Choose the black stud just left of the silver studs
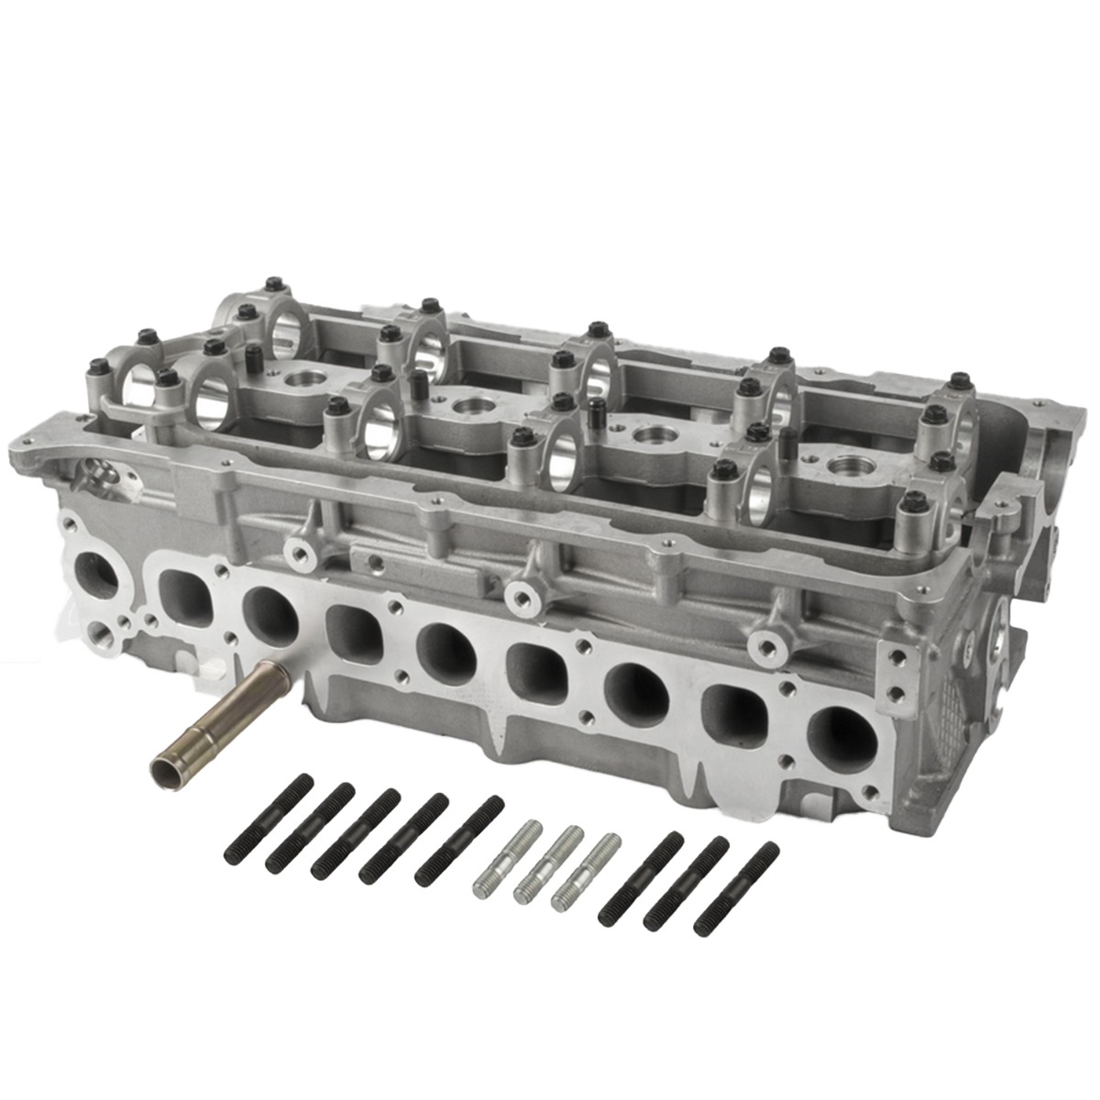coord(459,841)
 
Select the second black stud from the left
coord(310,828)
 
